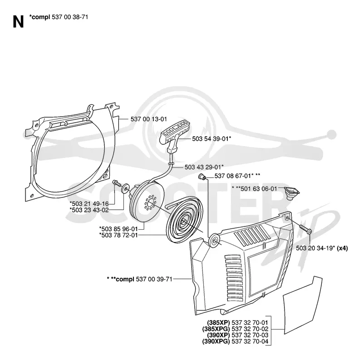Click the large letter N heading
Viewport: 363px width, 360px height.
[x=18, y=22]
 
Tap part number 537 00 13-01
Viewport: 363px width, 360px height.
[x=149, y=119]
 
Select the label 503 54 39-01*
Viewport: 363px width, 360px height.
[x=211, y=138]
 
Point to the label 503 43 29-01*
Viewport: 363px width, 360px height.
[x=204, y=167]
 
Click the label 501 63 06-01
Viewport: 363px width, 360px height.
[x=259, y=189]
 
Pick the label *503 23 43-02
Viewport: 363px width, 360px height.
[x=89, y=210]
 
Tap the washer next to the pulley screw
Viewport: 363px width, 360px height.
[x=126, y=189]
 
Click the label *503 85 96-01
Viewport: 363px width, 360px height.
[x=118, y=229]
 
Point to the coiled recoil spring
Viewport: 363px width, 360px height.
[x=184, y=220]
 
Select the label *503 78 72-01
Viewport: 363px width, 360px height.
[x=118, y=235]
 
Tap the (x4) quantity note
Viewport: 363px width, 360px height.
[x=342, y=248]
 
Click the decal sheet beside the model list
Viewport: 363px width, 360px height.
[x=302, y=306]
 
